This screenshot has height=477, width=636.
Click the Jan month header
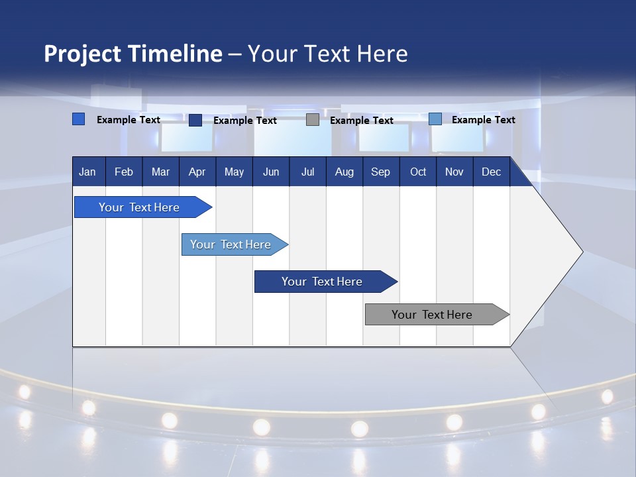click(x=87, y=172)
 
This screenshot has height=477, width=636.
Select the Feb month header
click(x=124, y=172)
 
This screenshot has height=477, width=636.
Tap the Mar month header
click(x=160, y=172)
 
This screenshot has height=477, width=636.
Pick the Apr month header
click(x=197, y=172)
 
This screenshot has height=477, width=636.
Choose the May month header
click(x=234, y=172)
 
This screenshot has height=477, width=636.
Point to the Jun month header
click(x=271, y=172)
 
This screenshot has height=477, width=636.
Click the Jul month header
click(x=307, y=172)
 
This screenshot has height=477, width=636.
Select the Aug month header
click(x=344, y=172)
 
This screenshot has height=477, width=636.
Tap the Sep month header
click(x=380, y=172)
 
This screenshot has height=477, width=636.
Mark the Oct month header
click(x=418, y=172)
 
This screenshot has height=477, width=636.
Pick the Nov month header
click(x=454, y=172)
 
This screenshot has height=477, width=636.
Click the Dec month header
click(x=492, y=172)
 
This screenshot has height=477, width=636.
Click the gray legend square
click(x=313, y=120)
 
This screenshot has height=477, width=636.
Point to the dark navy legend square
click(x=195, y=120)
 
